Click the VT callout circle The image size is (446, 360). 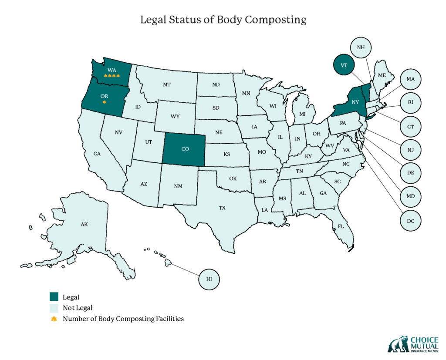(344, 65)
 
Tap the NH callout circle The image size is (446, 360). (361, 47)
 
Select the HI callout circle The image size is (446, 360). (209, 279)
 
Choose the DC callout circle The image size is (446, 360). (411, 221)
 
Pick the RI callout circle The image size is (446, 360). (411, 103)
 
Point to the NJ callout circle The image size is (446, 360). (411, 150)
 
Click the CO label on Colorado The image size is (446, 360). (185, 149)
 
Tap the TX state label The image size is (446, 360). (222, 208)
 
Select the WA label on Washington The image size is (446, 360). (111, 70)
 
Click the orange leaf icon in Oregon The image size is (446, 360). (104, 102)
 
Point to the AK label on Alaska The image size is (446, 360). (84, 225)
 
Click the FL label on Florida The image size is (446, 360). (341, 226)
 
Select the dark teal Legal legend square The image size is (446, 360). (54, 297)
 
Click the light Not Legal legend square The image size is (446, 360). (54, 308)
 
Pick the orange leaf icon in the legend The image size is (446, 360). (54, 319)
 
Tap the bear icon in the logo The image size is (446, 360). (398, 344)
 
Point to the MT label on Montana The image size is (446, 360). (166, 85)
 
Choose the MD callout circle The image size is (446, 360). (411, 197)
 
